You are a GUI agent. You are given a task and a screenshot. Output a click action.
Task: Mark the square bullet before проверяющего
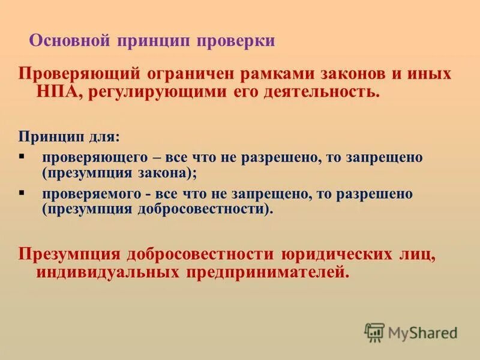[x=22, y=156]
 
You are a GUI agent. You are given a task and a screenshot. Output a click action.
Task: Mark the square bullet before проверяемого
[x=22, y=193]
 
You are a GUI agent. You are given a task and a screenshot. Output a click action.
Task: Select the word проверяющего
[x=95, y=158]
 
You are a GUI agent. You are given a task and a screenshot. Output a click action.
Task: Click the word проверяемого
[x=95, y=195]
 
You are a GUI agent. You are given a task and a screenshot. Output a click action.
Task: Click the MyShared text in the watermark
[x=422, y=332]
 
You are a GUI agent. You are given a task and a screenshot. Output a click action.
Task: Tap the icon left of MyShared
[x=374, y=332]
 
